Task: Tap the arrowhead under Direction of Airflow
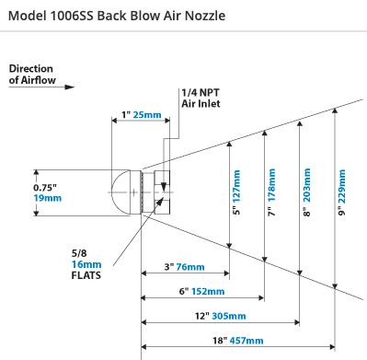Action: click(x=69, y=87)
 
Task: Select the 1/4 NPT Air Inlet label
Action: click(x=201, y=99)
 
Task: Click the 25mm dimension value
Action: click(x=147, y=115)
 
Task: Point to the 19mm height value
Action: click(x=48, y=198)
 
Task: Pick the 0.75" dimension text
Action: click(x=45, y=187)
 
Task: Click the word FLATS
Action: click(x=86, y=275)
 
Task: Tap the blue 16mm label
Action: click(x=86, y=264)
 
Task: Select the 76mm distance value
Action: click(x=190, y=267)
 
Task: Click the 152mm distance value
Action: click(x=208, y=291)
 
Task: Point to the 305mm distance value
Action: click(x=229, y=316)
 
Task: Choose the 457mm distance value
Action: click(x=247, y=341)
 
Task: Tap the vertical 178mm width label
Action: click(x=271, y=185)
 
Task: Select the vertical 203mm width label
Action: click(x=306, y=185)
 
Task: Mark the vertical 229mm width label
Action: click(x=341, y=186)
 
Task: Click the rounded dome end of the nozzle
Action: click(x=120, y=192)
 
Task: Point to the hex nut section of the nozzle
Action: click(x=162, y=192)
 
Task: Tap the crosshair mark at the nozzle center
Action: click(x=134, y=192)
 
